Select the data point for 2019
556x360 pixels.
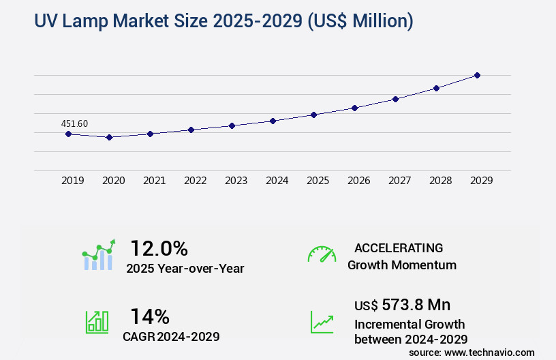68,134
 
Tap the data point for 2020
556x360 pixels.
109,137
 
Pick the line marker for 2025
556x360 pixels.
313,115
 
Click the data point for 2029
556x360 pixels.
477,75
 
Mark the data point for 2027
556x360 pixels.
395,99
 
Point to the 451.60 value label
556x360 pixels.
74,123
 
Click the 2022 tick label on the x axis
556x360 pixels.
195,181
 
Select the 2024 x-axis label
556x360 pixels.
277,181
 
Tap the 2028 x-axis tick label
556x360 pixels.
440,181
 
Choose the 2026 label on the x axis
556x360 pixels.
358,181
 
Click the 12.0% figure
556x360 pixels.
159,248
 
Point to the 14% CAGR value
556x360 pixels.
149,316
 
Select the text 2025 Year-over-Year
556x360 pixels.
185,269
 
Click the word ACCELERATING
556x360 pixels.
399,247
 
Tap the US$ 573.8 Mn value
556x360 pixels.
402,304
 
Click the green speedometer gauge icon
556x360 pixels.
322,254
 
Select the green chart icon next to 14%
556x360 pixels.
97,322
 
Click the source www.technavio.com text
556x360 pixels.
472,352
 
